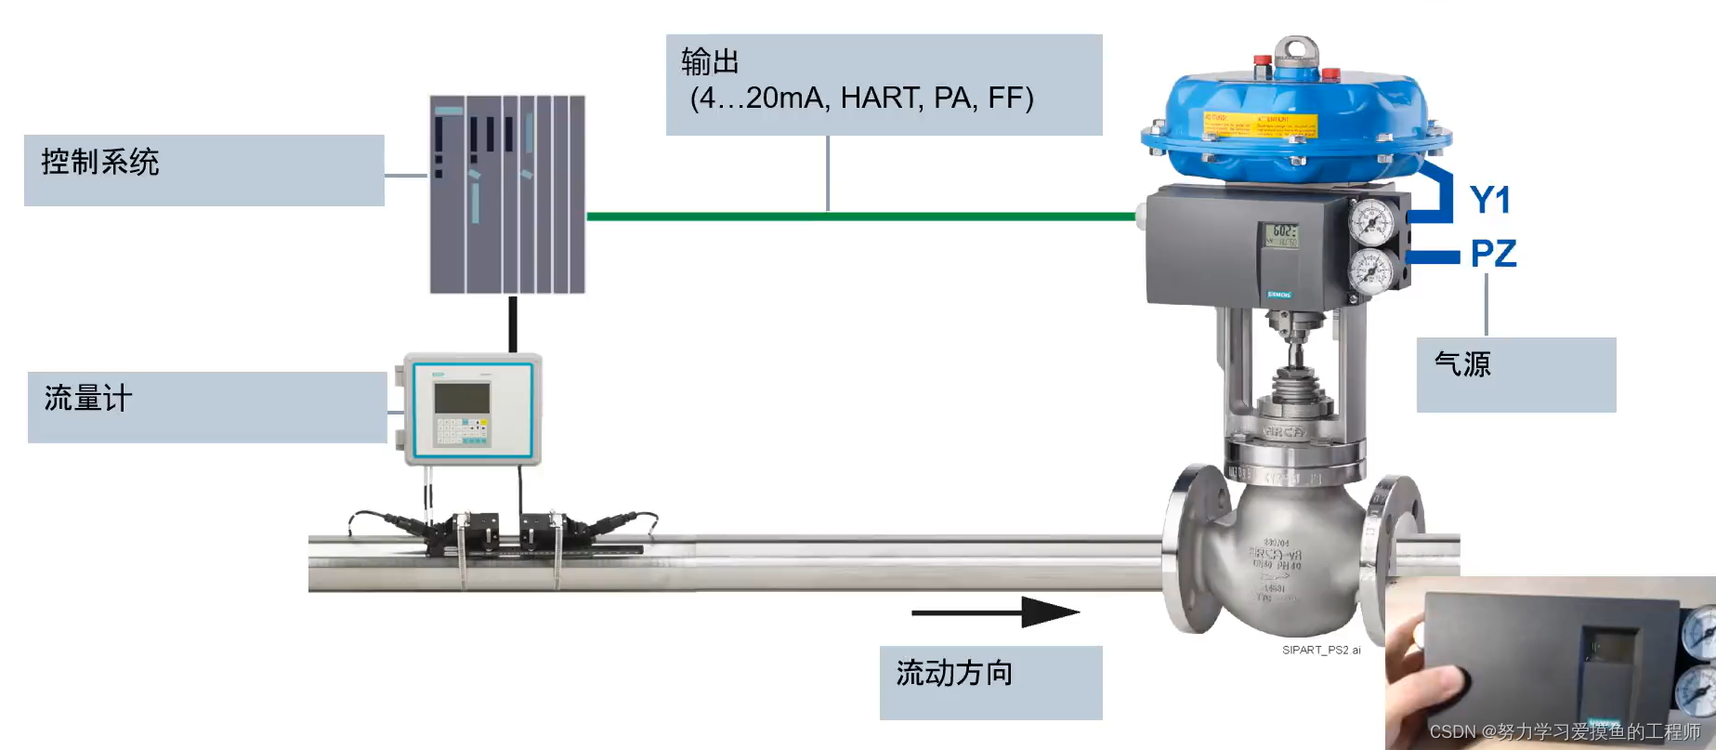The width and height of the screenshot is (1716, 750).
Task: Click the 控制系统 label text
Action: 100,163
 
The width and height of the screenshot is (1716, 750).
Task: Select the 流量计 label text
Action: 88,399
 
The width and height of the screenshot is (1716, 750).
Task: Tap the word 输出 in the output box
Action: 710,62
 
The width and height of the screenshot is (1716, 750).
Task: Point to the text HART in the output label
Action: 881,98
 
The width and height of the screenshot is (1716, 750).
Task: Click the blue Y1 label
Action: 1490,201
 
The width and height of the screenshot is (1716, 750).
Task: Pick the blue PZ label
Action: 1493,254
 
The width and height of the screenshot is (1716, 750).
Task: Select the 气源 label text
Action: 1462,363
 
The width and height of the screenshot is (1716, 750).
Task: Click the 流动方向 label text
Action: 954,673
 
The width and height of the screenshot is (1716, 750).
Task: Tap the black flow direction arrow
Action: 994,612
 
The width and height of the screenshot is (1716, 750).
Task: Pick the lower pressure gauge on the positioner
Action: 1371,272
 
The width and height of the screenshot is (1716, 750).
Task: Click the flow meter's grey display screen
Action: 462,398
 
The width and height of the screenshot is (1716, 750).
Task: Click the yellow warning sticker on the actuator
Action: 1259,125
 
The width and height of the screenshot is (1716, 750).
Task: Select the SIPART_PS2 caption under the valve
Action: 1320,651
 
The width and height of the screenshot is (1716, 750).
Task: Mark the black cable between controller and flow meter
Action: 513,323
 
